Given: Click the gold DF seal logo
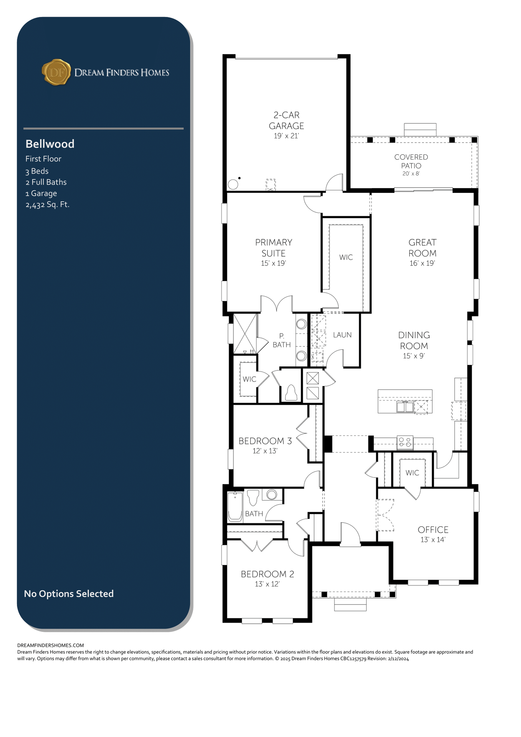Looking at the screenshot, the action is pyautogui.click(x=56, y=72).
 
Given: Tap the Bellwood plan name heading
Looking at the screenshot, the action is pyautogui.click(x=50, y=144).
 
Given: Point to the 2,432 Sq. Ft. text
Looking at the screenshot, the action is pyautogui.click(x=48, y=205).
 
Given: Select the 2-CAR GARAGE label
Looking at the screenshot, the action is pyautogui.click(x=287, y=121).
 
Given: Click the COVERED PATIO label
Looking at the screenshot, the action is pyautogui.click(x=411, y=161).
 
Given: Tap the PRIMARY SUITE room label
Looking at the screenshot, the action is pyautogui.click(x=274, y=248).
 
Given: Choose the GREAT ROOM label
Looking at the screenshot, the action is pyautogui.click(x=422, y=248).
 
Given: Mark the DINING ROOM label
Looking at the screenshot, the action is pyautogui.click(x=414, y=340).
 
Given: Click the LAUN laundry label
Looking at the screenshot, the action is pyautogui.click(x=342, y=335).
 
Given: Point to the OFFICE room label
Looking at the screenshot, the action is pyautogui.click(x=433, y=530).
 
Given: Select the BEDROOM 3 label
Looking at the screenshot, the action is pyautogui.click(x=265, y=441).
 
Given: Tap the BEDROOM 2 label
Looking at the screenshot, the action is pyautogui.click(x=268, y=574).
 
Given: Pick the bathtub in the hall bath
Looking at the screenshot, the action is pyautogui.click(x=235, y=507).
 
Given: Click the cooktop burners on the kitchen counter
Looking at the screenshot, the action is pyautogui.click(x=405, y=442).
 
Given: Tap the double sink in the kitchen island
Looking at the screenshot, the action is pyautogui.click(x=405, y=407).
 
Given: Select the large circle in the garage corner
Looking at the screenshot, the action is pyautogui.click(x=233, y=185).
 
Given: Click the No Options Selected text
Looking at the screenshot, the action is pyautogui.click(x=69, y=594).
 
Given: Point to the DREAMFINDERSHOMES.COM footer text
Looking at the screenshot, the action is pyautogui.click(x=50, y=646).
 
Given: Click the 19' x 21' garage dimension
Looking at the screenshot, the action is pyautogui.click(x=286, y=136).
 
